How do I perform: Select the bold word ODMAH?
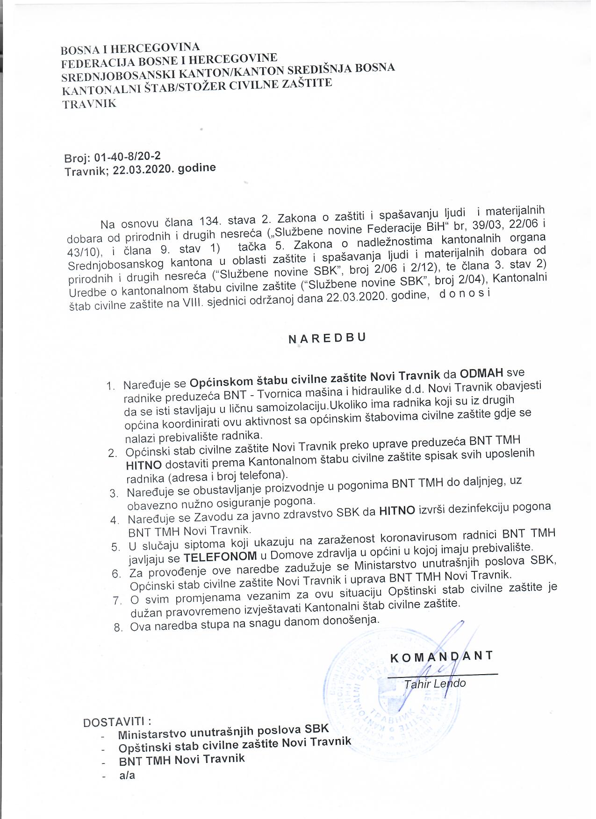tap(481, 373)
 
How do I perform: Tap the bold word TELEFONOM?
tap(220, 556)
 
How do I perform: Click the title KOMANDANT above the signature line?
tap(441, 655)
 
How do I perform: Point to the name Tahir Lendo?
tap(435, 684)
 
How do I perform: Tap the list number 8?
tap(118, 627)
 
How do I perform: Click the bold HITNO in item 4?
tap(397, 511)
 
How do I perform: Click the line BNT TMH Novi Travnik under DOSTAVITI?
tap(182, 759)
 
